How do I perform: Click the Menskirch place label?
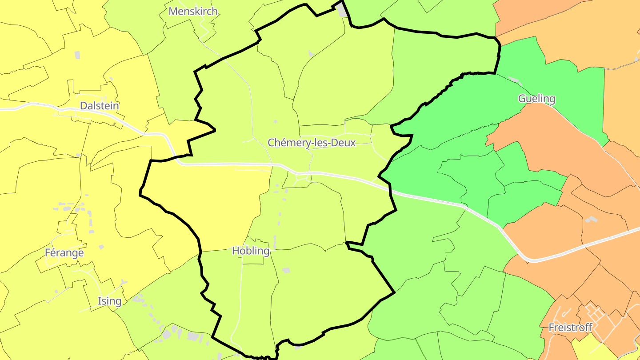click(193, 11)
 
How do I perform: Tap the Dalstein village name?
click(99, 106)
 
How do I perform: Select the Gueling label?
click(536, 98)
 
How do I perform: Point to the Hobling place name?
click(251, 251)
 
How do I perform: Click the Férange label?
click(64, 253)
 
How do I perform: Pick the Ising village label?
click(109, 301)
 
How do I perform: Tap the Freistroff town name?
click(570, 328)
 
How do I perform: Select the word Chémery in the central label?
click(287, 143)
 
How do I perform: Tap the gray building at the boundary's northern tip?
click(342, 10)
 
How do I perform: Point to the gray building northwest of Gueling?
click(515, 80)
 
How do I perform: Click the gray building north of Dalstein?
click(77, 55)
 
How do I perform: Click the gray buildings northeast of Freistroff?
click(591, 219)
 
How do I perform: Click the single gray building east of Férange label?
click(101, 247)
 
